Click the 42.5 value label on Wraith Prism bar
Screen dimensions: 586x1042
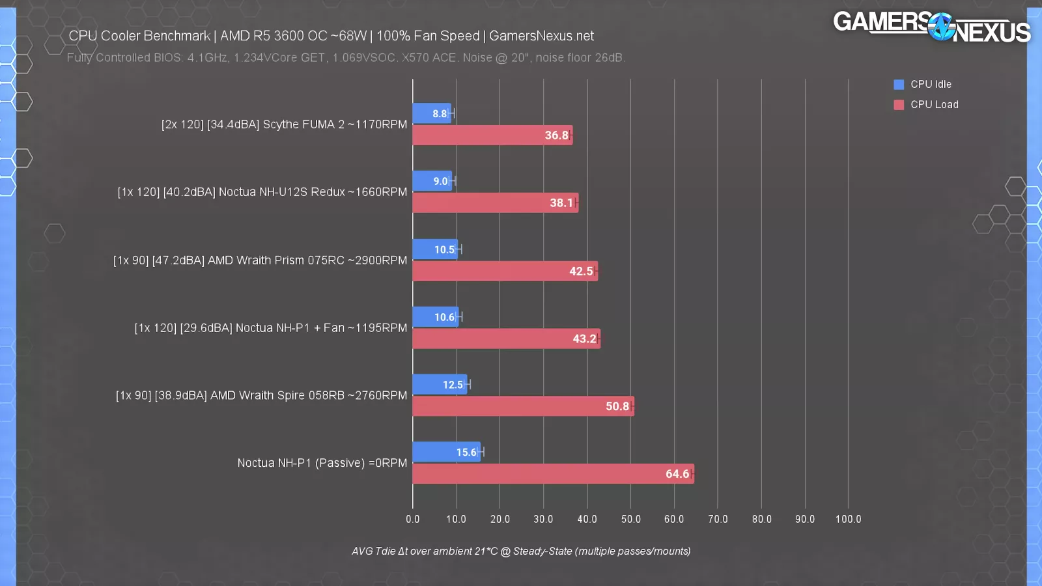coord(581,272)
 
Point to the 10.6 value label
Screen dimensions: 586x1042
coord(444,317)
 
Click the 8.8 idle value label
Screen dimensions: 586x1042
coord(440,114)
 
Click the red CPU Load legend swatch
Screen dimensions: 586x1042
coord(899,105)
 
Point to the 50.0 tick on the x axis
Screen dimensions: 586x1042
coord(630,519)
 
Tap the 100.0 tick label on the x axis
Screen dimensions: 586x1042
coord(848,519)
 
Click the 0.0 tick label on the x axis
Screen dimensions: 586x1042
coord(413,519)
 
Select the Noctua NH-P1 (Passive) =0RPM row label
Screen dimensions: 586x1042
coord(322,463)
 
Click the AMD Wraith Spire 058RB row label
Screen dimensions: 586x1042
coord(261,395)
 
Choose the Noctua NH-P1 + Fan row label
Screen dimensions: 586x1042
coord(270,328)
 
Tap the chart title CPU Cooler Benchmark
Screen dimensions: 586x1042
coord(331,36)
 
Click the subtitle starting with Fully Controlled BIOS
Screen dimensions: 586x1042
coord(346,58)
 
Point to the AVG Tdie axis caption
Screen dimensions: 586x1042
coord(521,551)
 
